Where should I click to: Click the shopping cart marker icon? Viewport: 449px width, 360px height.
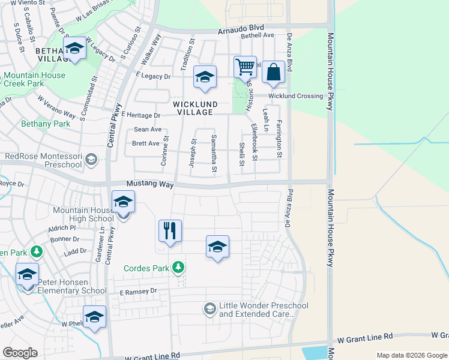click(245, 68)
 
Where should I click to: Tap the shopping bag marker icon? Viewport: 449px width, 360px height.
click(273, 73)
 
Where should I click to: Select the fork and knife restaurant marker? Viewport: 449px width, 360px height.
click(170, 231)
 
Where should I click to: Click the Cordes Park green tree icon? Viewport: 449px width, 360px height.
click(178, 267)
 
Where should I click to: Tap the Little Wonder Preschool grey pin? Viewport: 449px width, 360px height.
click(209, 309)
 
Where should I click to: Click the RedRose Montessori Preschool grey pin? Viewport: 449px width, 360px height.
click(91, 160)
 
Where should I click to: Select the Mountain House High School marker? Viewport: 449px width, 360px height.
click(123, 202)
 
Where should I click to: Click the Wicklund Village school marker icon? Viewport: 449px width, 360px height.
click(205, 77)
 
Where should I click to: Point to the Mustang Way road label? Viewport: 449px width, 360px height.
click(149, 184)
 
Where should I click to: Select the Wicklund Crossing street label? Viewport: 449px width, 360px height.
click(295, 96)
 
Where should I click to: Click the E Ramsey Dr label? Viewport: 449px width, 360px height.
click(137, 292)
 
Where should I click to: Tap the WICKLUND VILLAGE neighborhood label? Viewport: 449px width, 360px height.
click(193, 108)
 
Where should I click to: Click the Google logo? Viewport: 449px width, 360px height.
click(20, 353)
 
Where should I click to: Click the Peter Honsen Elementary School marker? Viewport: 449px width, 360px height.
click(28, 275)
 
